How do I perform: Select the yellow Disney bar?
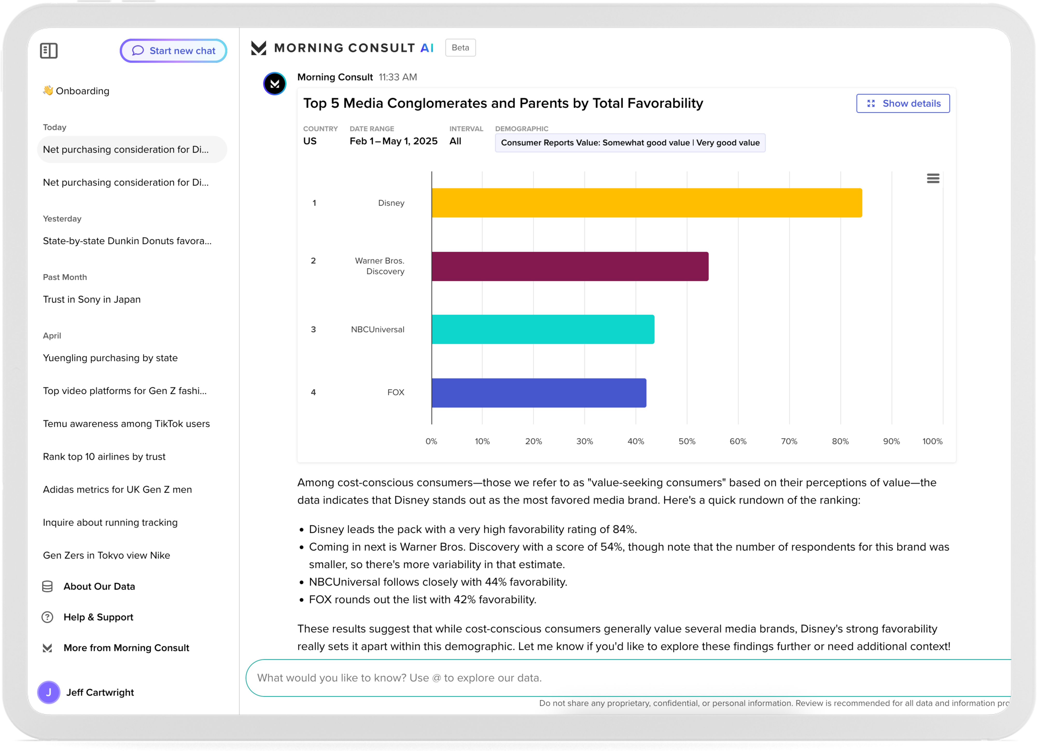pyautogui.click(x=647, y=203)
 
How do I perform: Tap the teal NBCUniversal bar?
pyautogui.click(x=543, y=329)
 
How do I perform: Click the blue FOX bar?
pyautogui.click(x=539, y=392)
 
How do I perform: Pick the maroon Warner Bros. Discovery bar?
pyautogui.click(x=570, y=266)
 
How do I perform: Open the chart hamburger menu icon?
pyautogui.click(x=933, y=178)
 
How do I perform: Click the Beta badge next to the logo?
pyautogui.click(x=460, y=47)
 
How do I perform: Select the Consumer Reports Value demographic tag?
pyautogui.click(x=630, y=143)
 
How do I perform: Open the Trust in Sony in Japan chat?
pyautogui.click(x=92, y=300)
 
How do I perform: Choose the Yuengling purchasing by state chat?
pyautogui.click(x=110, y=358)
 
